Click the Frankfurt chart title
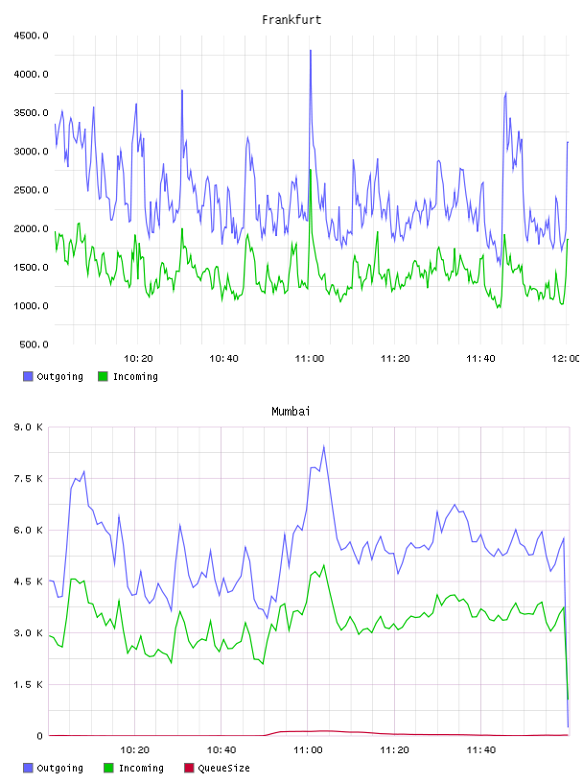point(291,19)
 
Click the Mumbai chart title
point(291,411)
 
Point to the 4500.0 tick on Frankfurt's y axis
point(31,36)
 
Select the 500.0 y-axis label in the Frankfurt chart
point(34,344)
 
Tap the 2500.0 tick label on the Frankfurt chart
point(31,190)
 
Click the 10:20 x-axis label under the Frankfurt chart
point(138,358)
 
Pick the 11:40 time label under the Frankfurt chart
point(480,358)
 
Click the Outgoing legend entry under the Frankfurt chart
point(53,376)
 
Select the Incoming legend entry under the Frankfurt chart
point(128,376)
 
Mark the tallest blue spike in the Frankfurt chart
point(311,51)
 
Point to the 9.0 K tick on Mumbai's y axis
point(29,427)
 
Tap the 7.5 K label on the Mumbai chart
point(29,479)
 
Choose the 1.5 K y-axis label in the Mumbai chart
point(29,684)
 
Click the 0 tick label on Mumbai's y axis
point(39,736)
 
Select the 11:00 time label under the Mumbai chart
point(308,749)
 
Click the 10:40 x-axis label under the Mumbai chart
point(222,749)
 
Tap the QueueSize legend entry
point(217,768)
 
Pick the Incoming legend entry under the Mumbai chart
point(134,768)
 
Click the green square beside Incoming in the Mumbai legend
point(108,768)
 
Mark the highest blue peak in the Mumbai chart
point(324,446)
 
